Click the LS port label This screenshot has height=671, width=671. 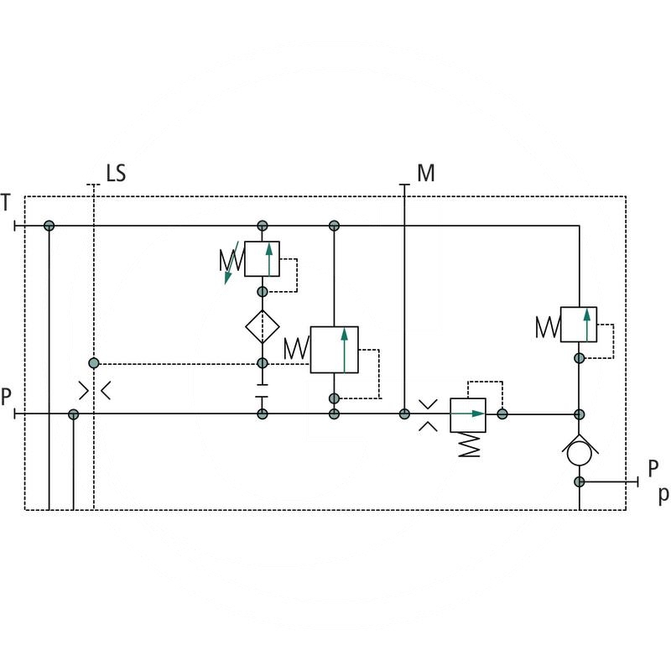click(116, 174)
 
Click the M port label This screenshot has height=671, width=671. click(426, 174)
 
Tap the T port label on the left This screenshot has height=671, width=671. click(7, 202)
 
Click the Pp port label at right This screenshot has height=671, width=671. click(657, 480)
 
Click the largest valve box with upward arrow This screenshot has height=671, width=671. click(334, 349)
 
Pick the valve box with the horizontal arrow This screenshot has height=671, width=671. click(467, 414)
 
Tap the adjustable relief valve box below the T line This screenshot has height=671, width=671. click(263, 258)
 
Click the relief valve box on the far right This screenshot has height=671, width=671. click(579, 325)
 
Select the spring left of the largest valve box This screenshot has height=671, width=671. click(296, 348)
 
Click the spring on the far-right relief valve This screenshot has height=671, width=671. click(548, 325)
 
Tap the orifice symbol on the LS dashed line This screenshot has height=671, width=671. click(94, 390)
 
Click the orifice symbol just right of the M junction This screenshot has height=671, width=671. click(428, 414)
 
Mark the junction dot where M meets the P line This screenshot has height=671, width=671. click(404, 414)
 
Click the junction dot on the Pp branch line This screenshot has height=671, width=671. click(579, 481)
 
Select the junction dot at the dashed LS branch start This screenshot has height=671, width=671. click(94, 363)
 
